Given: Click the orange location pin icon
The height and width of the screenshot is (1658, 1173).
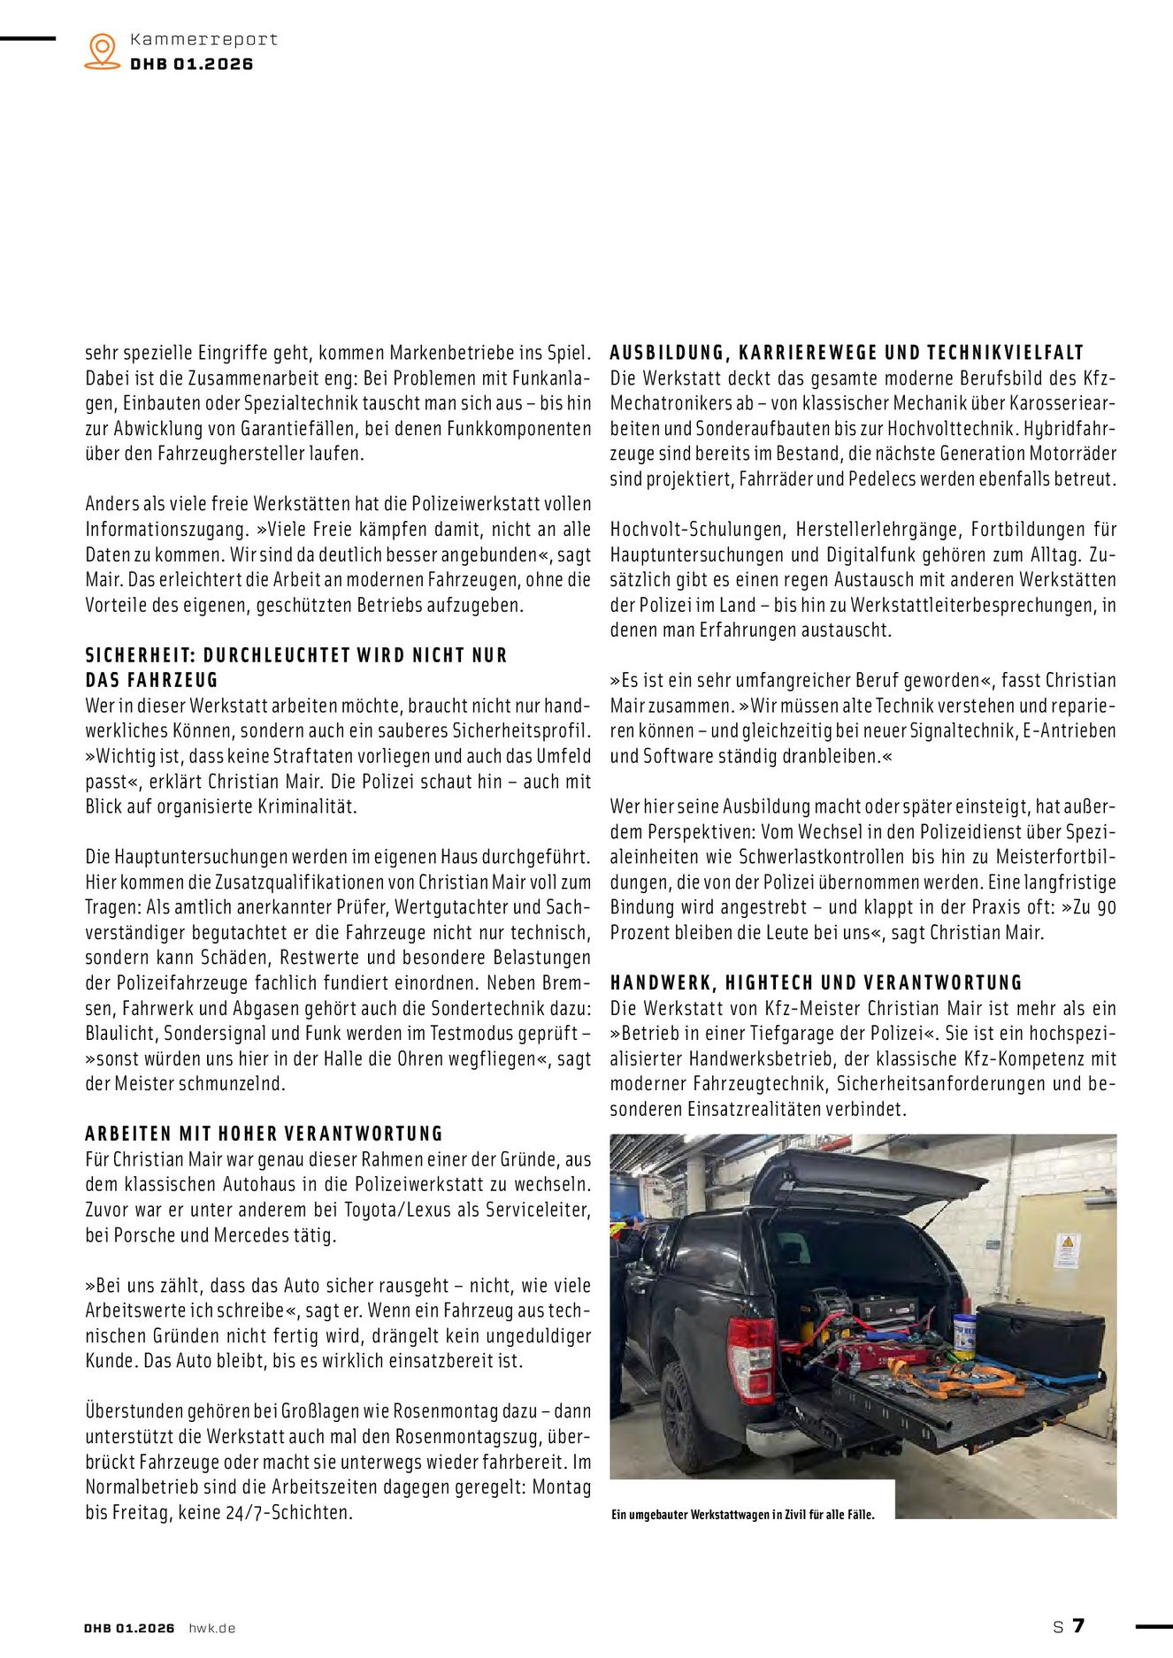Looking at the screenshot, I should pyautogui.click(x=103, y=50).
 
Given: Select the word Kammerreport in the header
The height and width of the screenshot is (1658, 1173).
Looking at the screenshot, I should pyautogui.click(x=203, y=40).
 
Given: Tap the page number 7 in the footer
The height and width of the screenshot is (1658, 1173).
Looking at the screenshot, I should pyautogui.click(x=1078, y=1625).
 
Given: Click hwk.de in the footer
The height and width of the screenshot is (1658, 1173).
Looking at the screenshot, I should pyautogui.click(x=212, y=1628).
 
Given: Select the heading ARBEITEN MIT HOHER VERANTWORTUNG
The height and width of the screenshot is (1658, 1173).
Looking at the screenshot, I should pyautogui.click(x=264, y=1134).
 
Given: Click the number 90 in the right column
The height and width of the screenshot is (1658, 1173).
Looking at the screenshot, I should pyautogui.click(x=1106, y=907).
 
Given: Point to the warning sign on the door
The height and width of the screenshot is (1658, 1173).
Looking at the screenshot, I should pyautogui.click(x=1068, y=1250).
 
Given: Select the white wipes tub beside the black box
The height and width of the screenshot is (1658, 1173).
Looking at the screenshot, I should pyautogui.click(x=964, y=1336).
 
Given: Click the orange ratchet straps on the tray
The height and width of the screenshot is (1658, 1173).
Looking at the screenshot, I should pyautogui.click(x=955, y=1380).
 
